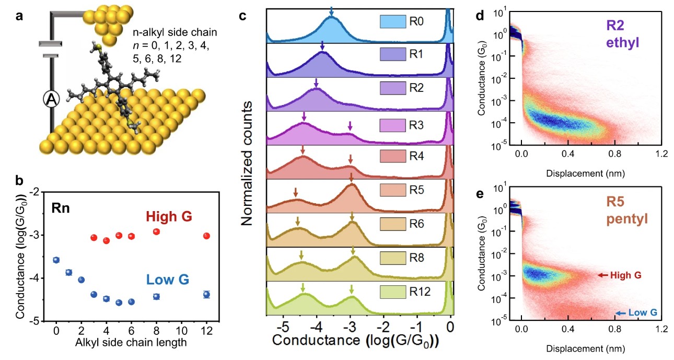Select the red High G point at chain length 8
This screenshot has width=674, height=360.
[156, 231]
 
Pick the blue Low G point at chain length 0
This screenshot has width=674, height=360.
[56, 260]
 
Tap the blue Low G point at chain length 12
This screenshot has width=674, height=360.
[206, 294]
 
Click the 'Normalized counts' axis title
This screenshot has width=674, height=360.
[250, 164]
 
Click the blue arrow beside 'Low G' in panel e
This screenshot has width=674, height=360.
[620, 313]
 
